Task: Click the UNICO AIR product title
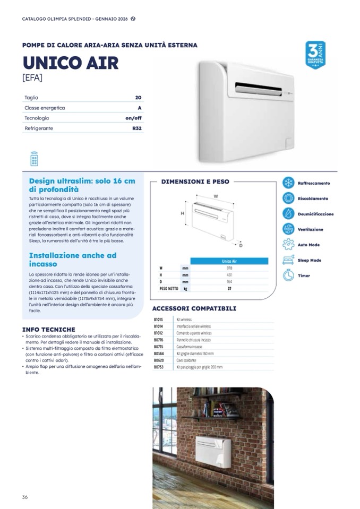71,63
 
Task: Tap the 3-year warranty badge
315,55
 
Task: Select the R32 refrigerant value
137,128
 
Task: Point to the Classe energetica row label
45,108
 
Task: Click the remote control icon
35,159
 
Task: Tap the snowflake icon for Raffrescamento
288,183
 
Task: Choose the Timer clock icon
288,275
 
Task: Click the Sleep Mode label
309,261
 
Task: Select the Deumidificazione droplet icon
288,214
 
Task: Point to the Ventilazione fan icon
288,229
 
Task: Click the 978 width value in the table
229,268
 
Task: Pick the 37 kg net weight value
229,289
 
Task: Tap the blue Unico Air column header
229,261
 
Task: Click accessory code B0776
158,340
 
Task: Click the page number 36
25,497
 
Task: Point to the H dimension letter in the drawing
183,213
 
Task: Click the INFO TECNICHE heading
48,330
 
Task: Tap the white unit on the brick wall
213,451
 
